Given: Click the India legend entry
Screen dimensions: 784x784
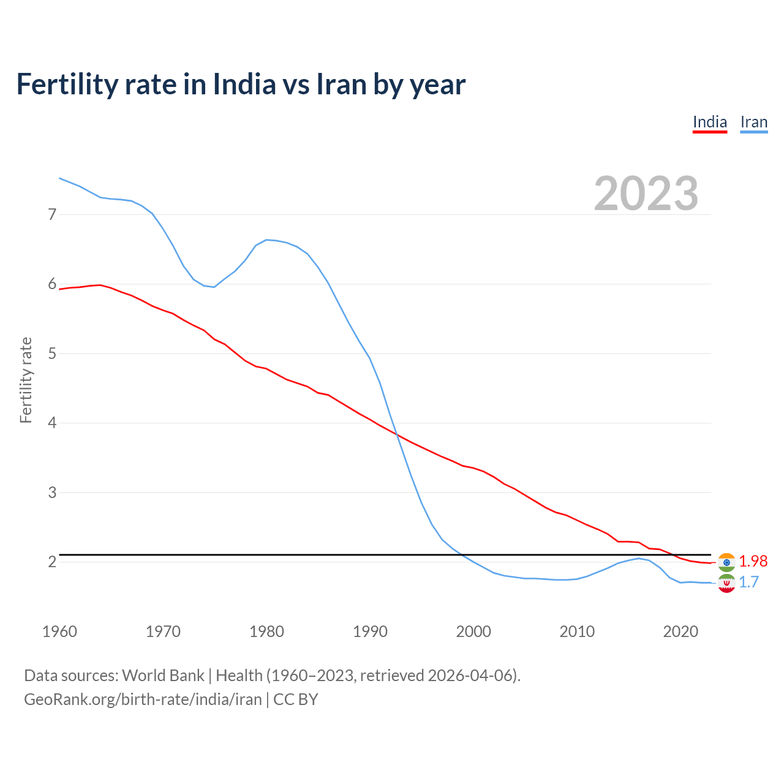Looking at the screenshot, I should pyautogui.click(x=709, y=122).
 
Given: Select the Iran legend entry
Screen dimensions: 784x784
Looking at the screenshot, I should pyautogui.click(x=753, y=122).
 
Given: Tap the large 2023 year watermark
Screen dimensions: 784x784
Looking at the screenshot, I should pyautogui.click(x=646, y=194).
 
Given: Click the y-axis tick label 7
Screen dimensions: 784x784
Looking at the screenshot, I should pyautogui.click(x=52, y=214).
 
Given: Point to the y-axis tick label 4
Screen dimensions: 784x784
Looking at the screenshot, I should pyautogui.click(x=52, y=423).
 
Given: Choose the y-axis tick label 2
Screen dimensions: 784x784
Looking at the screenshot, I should pyautogui.click(x=52, y=562).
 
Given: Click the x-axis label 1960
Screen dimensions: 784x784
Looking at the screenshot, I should pyautogui.click(x=59, y=631).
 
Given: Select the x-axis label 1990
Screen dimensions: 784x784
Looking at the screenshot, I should pyautogui.click(x=370, y=631).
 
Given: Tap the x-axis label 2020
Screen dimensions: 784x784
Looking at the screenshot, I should pyautogui.click(x=680, y=631).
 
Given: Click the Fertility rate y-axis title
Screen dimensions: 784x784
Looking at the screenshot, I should pyautogui.click(x=26, y=380).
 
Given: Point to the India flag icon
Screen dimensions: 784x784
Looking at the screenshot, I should pyautogui.click(x=726, y=562).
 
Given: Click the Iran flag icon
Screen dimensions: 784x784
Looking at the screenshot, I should pyautogui.click(x=726, y=583).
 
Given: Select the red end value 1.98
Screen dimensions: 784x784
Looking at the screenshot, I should pyautogui.click(x=753, y=561).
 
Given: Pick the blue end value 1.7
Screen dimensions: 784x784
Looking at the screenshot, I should pyautogui.click(x=748, y=582).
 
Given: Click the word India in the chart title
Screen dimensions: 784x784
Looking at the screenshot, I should pyautogui.click(x=241, y=84).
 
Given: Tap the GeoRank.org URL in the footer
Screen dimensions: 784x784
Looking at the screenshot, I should pyautogui.click(x=143, y=699).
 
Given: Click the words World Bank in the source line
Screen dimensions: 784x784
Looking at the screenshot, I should pyautogui.click(x=163, y=676).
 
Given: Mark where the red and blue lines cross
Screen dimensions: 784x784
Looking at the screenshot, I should pyautogui.click(x=396, y=434).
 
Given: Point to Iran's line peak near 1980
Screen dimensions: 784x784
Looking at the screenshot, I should pyautogui.click(x=267, y=239).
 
